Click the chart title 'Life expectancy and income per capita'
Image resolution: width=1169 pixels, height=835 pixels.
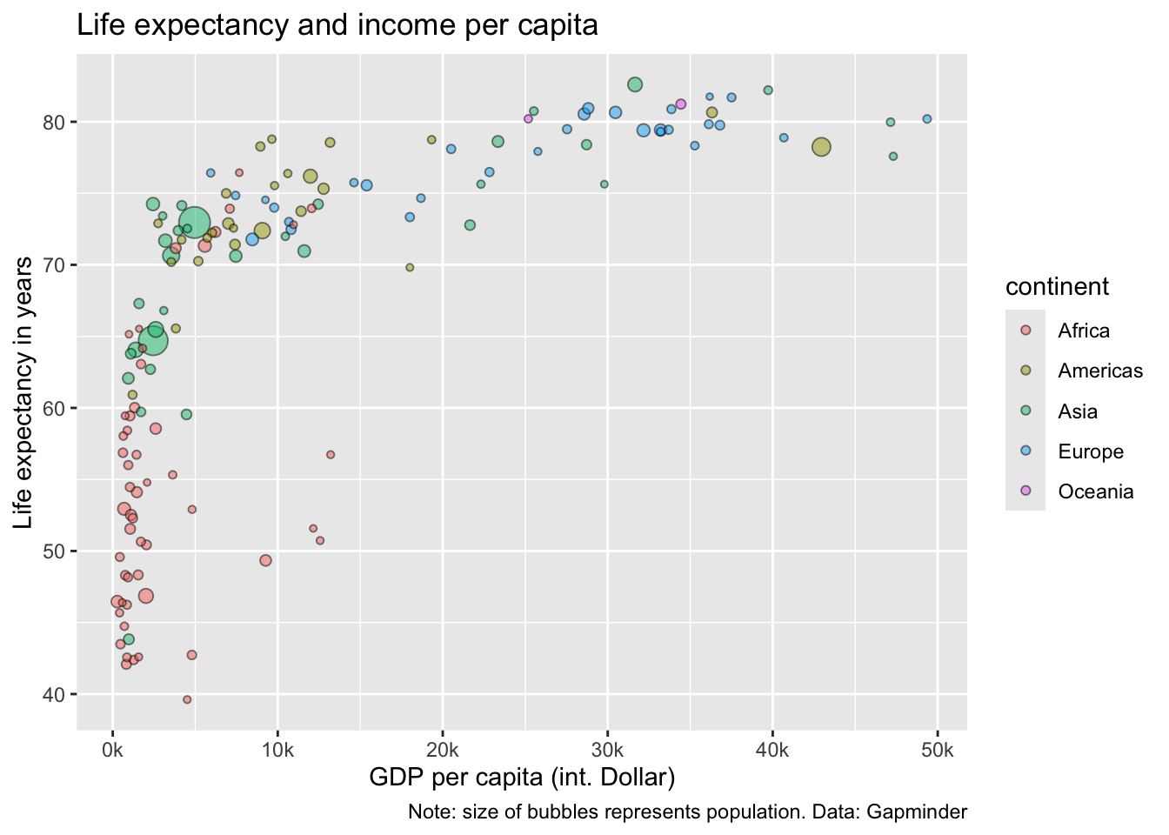click(x=337, y=25)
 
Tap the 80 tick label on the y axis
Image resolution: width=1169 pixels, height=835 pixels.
click(x=55, y=122)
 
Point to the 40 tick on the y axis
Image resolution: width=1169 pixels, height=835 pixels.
click(x=55, y=694)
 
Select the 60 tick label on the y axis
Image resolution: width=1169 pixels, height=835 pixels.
click(x=55, y=408)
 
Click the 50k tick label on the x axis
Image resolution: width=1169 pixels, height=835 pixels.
click(x=937, y=751)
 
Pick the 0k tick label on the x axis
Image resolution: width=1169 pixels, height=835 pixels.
click(x=112, y=751)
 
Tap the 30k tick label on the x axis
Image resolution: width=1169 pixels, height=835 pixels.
click(x=607, y=751)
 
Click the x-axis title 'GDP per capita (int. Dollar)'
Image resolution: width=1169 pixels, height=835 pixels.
click(x=522, y=777)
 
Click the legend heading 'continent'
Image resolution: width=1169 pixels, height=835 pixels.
click(x=1057, y=286)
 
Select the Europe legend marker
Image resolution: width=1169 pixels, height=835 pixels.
click(x=1025, y=451)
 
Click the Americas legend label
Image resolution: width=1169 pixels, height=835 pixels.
click(x=1100, y=371)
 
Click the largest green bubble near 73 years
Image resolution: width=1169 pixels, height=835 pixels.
click(x=195, y=224)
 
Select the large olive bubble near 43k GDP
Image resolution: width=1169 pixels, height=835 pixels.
click(x=821, y=148)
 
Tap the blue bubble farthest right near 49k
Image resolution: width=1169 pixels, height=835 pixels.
click(x=926, y=119)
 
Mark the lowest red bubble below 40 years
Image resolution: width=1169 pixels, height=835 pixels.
click(x=187, y=699)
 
